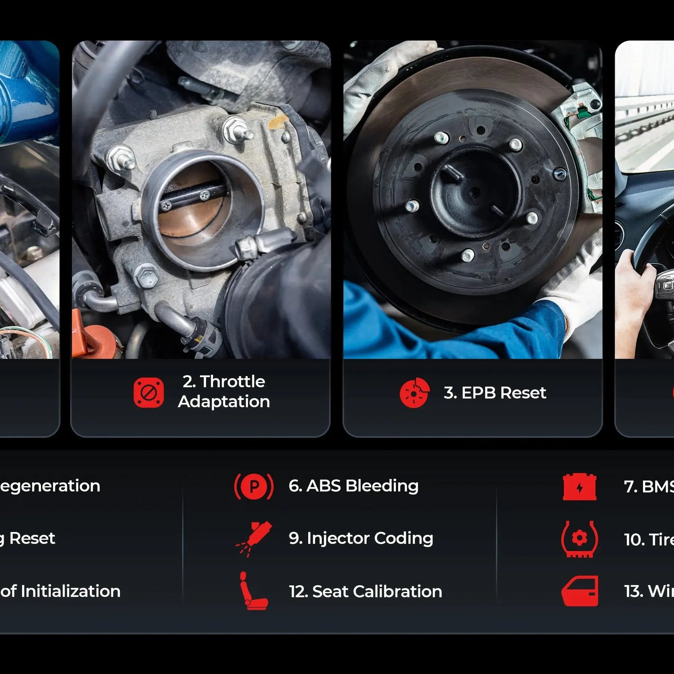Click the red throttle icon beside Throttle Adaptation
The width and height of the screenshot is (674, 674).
pyautogui.click(x=148, y=392)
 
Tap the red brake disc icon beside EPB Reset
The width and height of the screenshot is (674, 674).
pyautogui.click(x=414, y=393)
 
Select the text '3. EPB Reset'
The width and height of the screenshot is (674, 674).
pyautogui.click(x=495, y=393)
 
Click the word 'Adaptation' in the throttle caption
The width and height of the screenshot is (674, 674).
pyautogui.click(x=224, y=402)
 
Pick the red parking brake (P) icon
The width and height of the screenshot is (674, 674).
pyautogui.click(x=254, y=487)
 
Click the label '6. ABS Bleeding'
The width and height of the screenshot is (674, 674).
pyautogui.click(x=354, y=486)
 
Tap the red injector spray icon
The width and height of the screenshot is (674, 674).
pyautogui.click(x=254, y=538)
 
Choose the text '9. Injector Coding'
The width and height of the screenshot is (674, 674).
pyautogui.click(x=361, y=538)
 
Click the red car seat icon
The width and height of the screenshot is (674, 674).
pyautogui.click(x=253, y=591)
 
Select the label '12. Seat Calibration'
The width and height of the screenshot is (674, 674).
pyautogui.click(x=365, y=591)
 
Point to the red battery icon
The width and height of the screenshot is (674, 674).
pyautogui.click(x=580, y=487)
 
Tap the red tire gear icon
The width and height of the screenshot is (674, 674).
pyautogui.click(x=579, y=539)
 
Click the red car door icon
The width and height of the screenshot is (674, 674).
pyautogui.click(x=580, y=591)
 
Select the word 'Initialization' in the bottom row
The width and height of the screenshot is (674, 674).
pyautogui.click(x=71, y=591)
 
